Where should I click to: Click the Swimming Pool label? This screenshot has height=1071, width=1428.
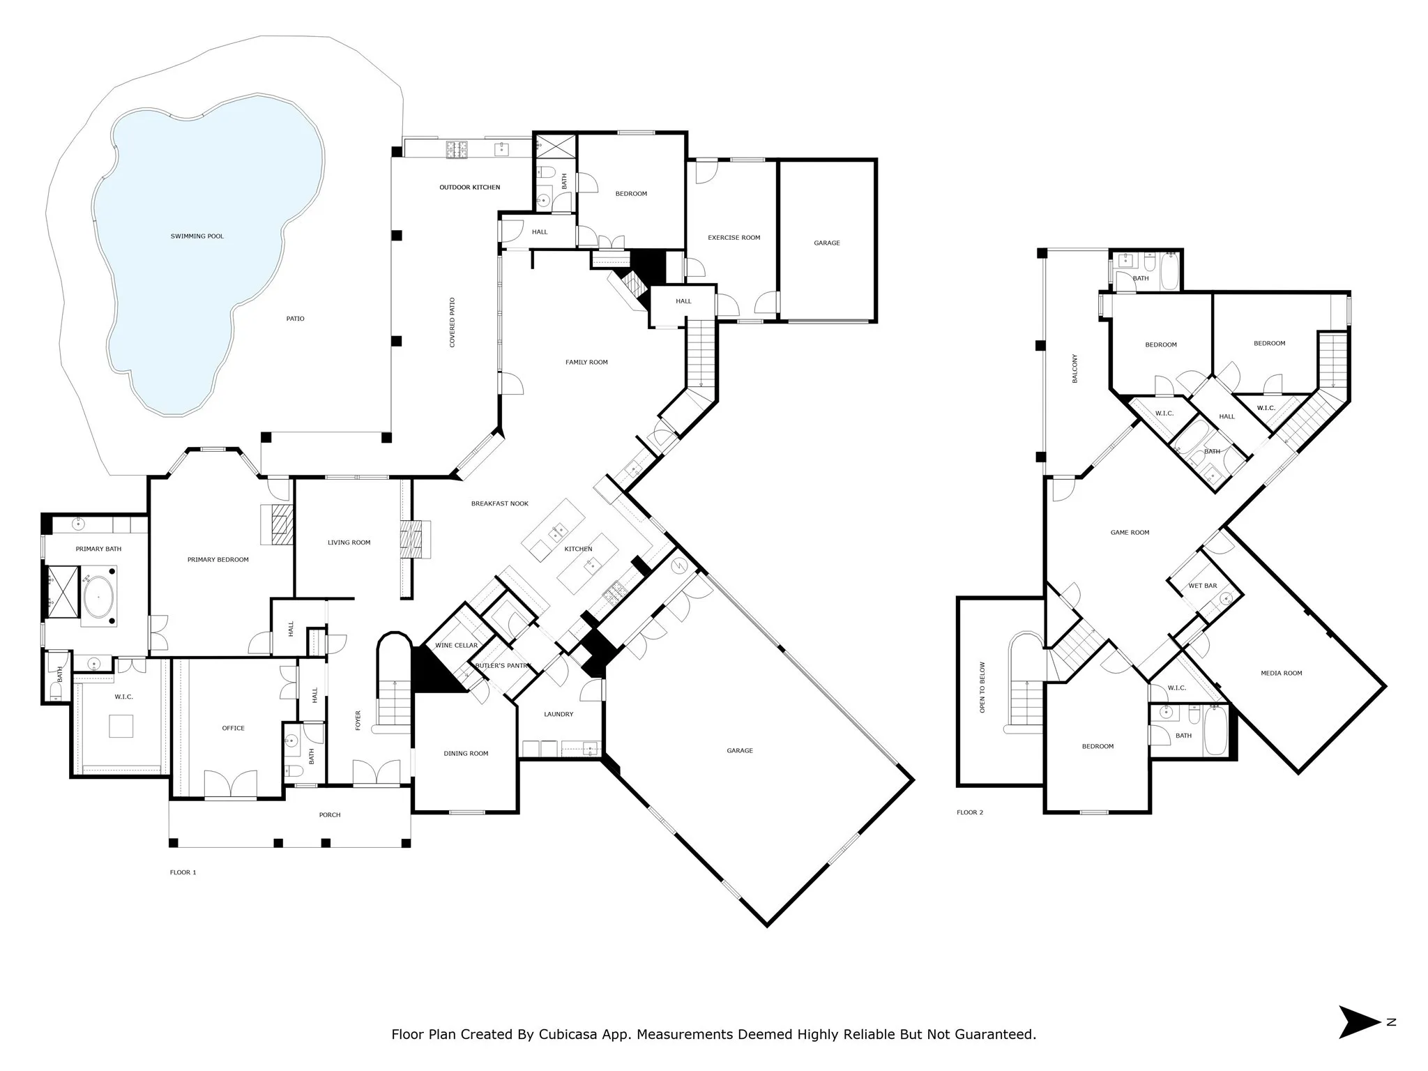(197, 236)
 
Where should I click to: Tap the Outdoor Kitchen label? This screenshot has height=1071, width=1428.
(469, 188)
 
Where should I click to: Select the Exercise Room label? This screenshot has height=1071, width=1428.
(734, 238)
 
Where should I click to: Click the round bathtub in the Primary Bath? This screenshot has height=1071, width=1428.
(99, 598)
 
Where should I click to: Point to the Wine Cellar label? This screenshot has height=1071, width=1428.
(456, 646)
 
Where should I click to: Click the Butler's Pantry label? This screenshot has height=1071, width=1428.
(502, 666)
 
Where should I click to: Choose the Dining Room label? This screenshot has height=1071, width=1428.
(466, 754)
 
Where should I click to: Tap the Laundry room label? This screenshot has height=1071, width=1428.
(559, 714)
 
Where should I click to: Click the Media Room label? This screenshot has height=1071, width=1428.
(1281, 674)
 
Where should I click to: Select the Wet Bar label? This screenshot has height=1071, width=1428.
(1203, 586)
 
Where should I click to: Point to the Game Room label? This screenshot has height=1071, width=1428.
(1130, 533)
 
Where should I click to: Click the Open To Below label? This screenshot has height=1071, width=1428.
(982, 688)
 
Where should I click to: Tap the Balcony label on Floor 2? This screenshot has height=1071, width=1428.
(1074, 369)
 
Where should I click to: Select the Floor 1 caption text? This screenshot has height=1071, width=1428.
(183, 872)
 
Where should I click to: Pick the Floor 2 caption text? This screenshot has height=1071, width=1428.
(970, 812)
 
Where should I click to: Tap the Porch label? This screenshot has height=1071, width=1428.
(330, 815)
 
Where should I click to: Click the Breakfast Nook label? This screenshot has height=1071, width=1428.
(499, 503)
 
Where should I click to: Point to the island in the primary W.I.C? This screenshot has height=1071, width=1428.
(121, 727)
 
